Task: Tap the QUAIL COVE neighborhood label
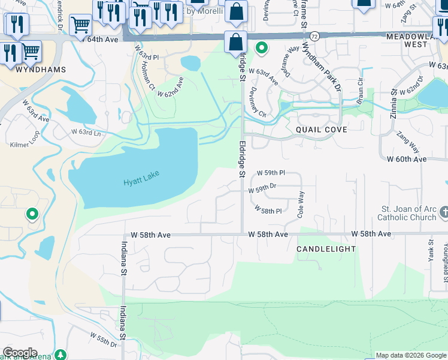point(321,129)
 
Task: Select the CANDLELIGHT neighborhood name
point(326,248)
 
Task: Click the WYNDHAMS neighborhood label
point(41,69)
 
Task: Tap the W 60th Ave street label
point(407,159)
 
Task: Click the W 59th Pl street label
point(271,173)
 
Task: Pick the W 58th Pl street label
point(268,210)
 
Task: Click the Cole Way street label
point(301,203)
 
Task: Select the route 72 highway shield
point(315,36)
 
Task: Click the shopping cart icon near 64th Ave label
point(80,25)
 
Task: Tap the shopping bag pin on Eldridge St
point(237,42)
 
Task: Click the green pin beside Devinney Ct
point(262,47)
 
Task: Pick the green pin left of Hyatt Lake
point(32,214)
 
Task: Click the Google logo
point(20,353)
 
